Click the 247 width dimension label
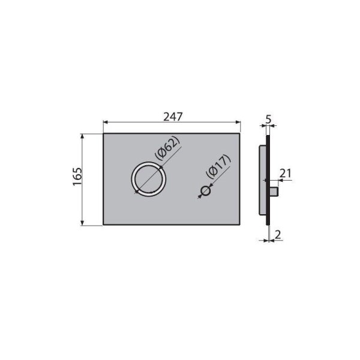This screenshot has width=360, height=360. pyautogui.click(x=173, y=117)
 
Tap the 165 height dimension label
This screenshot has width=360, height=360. pyautogui.click(x=77, y=177)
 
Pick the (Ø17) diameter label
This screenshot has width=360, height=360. pyautogui.click(x=218, y=166)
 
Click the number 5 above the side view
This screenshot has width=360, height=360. pyautogui.click(x=268, y=119)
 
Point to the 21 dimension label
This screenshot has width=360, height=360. pyautogui.click(x=285, y=173)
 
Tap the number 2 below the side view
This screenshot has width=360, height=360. pyautogui.click(x=278, y=235)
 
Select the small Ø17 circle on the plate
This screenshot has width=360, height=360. pyautogui.click(x=205, y=191)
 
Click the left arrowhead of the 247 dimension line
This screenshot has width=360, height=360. pyautogui.click(x=106, y=122)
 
